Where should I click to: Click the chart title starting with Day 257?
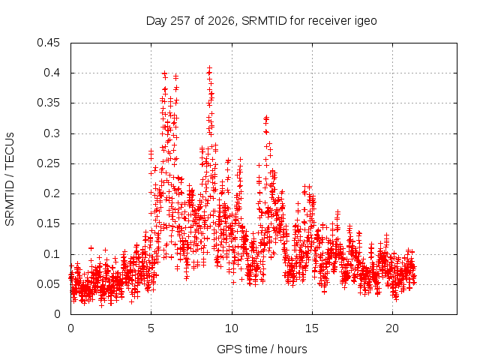coord(262,21)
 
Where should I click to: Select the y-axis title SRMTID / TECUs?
coord(10,179)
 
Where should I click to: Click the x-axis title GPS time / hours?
coord(262,349)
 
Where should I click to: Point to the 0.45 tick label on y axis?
coord(48,43)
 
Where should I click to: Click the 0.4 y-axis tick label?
coord(52,73)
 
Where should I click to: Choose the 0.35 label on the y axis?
coord(48,103)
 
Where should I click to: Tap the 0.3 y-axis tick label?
coord(52,133)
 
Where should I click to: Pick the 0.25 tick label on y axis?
coord(48,163)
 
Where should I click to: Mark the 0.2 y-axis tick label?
coord(52,193)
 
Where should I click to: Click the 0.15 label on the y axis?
coord(48,223)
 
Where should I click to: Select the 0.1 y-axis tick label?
coord(52,254)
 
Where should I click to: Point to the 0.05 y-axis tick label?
coord(48,284)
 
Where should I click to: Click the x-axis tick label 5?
coord(151,328)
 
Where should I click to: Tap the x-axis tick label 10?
coord(232,328)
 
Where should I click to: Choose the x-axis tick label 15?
coord(312,328)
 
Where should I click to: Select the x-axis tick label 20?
coord(392,328)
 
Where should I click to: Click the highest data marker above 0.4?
coord(210,67)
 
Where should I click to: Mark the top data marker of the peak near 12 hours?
coord(266,117)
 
